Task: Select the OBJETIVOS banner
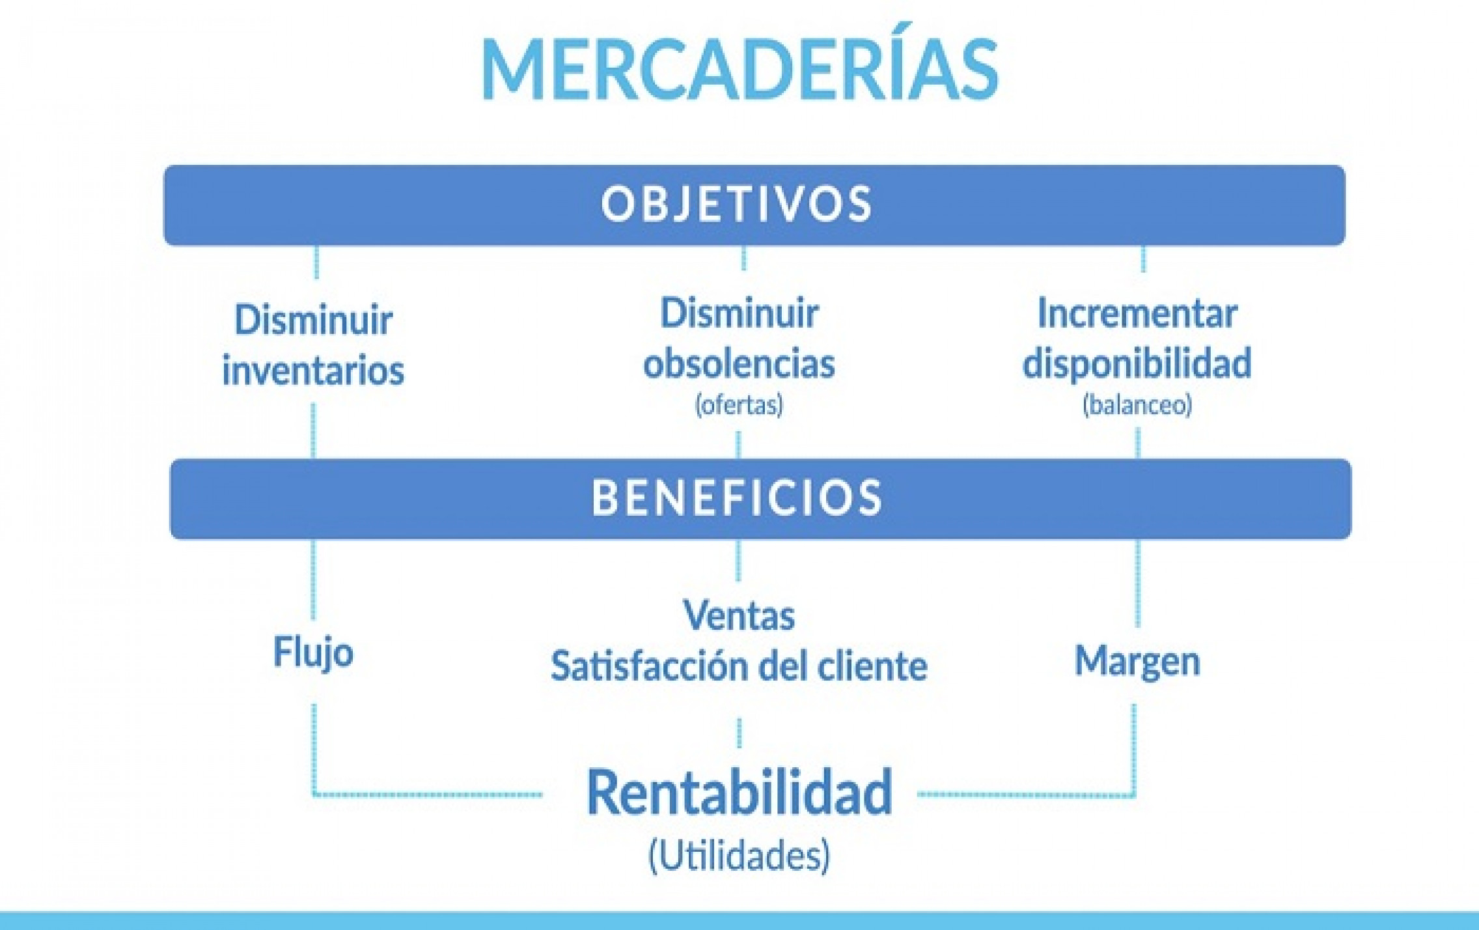pos(754,205)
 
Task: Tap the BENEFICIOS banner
pos(760,499)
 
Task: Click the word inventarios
pos(313,370)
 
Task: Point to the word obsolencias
pos(739,363)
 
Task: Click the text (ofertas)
pos(739,405)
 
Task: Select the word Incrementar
pos(1137,314)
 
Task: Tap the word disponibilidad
pos(1137,363)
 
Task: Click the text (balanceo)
pos(1137,405)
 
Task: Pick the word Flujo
pos(313,653)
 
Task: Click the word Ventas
pos(739,615)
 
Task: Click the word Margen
pos(1137,662)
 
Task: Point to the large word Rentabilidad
pos(739,792)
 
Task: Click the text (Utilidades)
pos(739,856)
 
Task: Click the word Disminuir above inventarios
pos(313,320)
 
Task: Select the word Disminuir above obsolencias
pos(739,314)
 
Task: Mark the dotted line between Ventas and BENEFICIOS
pos(738,560)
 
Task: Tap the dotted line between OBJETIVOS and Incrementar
pos(1144,259)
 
